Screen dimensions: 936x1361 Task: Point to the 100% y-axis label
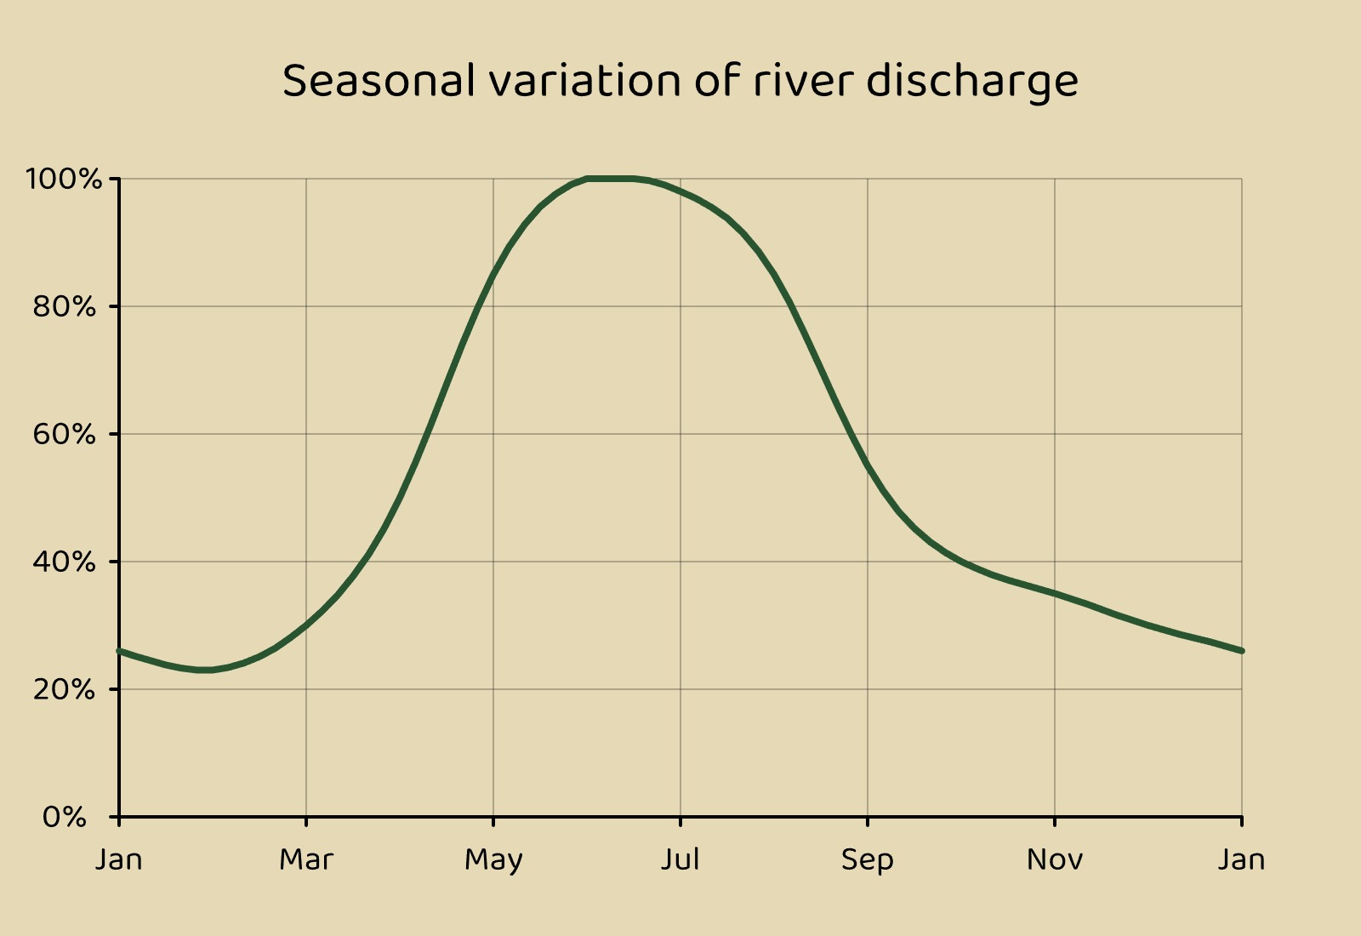coord(64,179)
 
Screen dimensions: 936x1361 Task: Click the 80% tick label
coord(65,306)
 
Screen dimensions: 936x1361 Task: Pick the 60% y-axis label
coord(65,434)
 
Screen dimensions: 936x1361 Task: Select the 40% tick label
coord(65,562)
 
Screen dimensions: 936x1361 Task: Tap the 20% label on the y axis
coord(65,689)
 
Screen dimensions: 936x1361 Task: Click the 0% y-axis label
coord(65,817)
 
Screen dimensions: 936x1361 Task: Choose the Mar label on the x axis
coord(306,859)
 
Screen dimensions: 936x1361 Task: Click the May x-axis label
coord(493,860)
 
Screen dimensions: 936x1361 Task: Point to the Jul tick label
coord(680,859)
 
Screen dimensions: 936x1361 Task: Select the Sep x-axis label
coord(868,860)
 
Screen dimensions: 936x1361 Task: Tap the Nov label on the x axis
coord(1055,859)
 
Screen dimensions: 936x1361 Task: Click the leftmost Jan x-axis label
coord(119,859)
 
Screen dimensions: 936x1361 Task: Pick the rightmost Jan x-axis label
coord(1242,859)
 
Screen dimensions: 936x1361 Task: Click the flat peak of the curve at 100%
coord(611,179)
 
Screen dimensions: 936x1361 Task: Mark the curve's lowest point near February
coord(204,670)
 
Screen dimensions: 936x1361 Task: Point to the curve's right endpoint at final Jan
coord(1241,651)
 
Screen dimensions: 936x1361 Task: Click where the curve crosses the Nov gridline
coord(1055,593)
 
